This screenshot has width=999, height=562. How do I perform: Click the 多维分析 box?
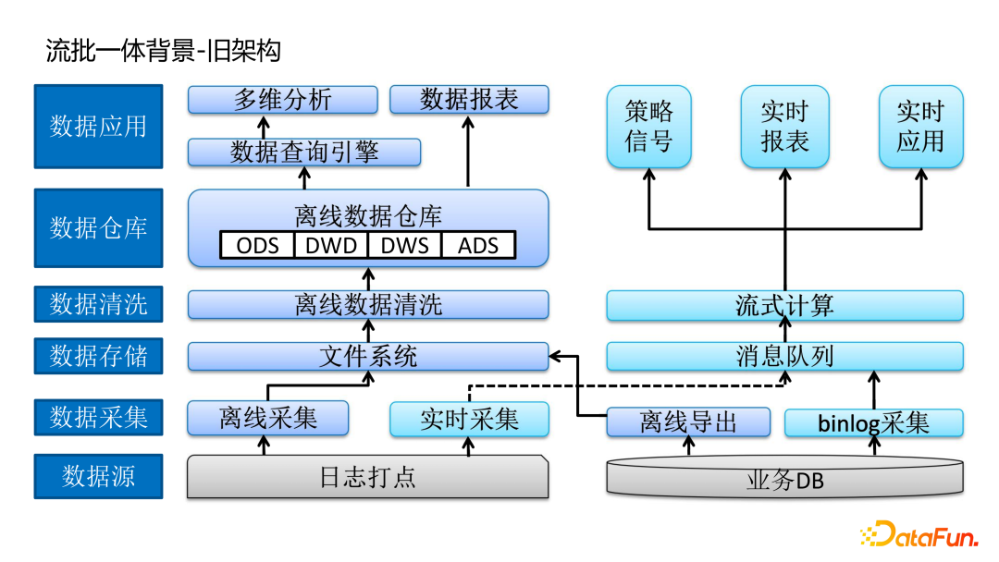click(282, 100)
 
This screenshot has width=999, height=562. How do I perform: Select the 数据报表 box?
click(469, 100)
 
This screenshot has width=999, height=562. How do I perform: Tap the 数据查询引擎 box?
click(304, 152)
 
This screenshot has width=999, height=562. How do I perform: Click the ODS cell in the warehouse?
click(257, 245)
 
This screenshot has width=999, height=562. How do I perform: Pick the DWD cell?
click(330, 245)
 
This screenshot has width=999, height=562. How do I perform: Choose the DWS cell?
click(404, 245)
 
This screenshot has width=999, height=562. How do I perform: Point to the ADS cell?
click(477, 245)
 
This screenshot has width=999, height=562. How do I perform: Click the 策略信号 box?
click(648, 127)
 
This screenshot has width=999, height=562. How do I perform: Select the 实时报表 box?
click(784, 127)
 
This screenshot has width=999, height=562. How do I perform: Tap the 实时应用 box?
click(920, 127)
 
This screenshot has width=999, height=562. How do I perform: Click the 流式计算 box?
click(784, 305)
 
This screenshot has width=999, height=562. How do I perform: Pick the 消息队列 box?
click(784, 356)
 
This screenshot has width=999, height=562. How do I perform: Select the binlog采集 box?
click(873, 423)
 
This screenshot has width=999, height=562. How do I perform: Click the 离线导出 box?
click(688, 423)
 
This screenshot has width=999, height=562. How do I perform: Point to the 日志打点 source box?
click(367, 477)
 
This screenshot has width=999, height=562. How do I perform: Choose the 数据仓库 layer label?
click(98, 227)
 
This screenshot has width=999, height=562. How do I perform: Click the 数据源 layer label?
click(98, 476)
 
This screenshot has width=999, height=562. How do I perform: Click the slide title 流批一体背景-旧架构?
click(163, 51)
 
